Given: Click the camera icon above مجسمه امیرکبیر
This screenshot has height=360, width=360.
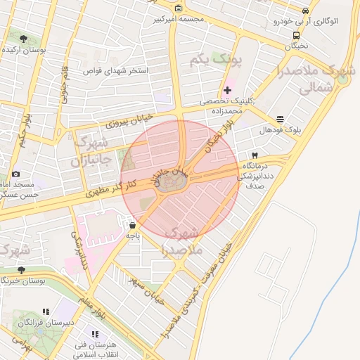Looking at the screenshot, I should (x=178, y=8).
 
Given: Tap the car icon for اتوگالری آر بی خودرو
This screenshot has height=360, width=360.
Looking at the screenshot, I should (x=305, y=11).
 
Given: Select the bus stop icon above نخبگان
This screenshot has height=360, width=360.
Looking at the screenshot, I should (x=296, y=34).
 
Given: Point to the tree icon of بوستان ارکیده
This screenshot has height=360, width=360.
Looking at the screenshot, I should (x=24, y=39).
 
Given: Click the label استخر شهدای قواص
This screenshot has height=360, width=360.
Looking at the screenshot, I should (x=115, y=71).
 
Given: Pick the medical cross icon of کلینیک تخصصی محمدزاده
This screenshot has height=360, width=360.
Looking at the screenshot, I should (x=226, y=90).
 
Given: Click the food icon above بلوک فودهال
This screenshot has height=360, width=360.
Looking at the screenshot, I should (x=281, y=119).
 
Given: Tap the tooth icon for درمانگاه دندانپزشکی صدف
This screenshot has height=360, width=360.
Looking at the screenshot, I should (x=255, y=155).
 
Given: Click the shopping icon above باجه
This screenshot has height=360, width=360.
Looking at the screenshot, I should (x=133, y=225).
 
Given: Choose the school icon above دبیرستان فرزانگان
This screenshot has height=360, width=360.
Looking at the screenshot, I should (x=46, y=311).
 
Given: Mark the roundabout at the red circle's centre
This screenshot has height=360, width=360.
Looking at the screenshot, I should (x=172, y=184).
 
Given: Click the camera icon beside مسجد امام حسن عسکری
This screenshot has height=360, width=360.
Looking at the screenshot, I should (x=15, y=174).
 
